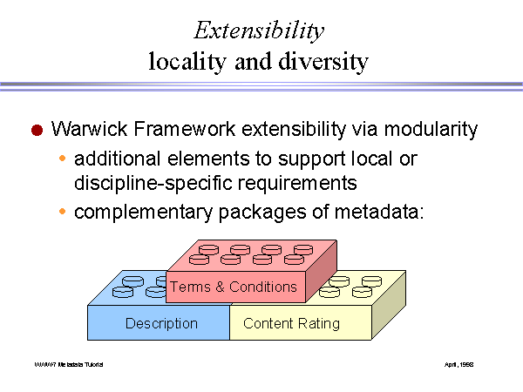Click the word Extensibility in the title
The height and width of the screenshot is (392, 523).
(259, 30)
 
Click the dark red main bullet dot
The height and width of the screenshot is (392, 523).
(37, 131)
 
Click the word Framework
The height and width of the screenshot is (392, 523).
(184, 130)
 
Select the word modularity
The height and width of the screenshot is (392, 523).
(425, 130)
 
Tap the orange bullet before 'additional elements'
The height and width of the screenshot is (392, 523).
(62, 159)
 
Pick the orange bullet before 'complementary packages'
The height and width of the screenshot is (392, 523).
(62, 213)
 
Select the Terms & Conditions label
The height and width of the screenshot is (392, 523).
(234, 287)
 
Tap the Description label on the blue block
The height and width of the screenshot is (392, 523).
(161, 324)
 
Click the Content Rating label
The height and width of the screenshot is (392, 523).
(291, 324)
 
